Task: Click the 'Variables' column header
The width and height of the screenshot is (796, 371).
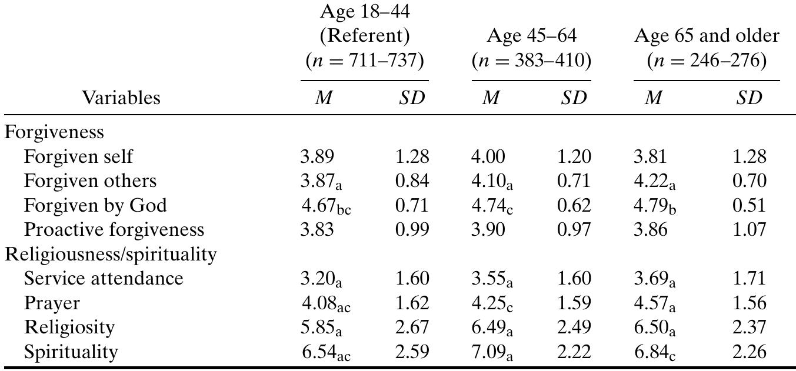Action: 121,98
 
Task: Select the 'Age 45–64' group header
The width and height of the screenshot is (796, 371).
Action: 531,36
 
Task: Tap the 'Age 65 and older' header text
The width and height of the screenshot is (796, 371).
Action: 706,36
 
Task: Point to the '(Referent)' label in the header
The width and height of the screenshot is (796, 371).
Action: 364,36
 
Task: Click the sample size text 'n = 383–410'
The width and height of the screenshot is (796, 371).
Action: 531,60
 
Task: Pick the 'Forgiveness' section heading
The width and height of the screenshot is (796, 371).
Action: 54,132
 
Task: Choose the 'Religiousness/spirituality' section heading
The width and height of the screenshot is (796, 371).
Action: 111,254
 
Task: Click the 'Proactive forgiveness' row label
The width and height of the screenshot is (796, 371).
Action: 114,229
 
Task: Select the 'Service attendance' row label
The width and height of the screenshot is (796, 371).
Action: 104,278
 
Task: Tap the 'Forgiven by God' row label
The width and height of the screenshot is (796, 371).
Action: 95,205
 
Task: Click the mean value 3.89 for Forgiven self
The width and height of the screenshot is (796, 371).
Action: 317,156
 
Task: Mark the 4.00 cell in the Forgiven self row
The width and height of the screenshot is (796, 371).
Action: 488,156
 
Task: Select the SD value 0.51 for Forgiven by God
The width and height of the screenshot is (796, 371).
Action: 749,205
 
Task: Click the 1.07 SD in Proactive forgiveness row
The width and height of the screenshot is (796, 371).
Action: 749,229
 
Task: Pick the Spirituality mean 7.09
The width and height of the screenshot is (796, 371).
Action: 488,352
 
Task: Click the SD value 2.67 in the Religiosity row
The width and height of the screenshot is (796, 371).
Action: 412,327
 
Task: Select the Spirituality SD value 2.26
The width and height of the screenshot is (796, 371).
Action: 749,352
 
